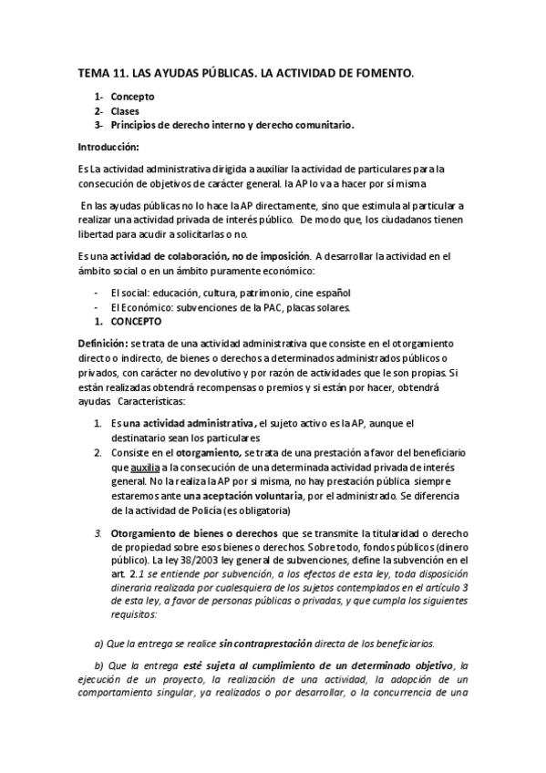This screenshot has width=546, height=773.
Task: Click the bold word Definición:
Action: tap(103, 343)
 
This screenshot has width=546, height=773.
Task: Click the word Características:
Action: tap(158, 402)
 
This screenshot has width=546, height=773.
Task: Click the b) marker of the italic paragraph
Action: tap(100, 666)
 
